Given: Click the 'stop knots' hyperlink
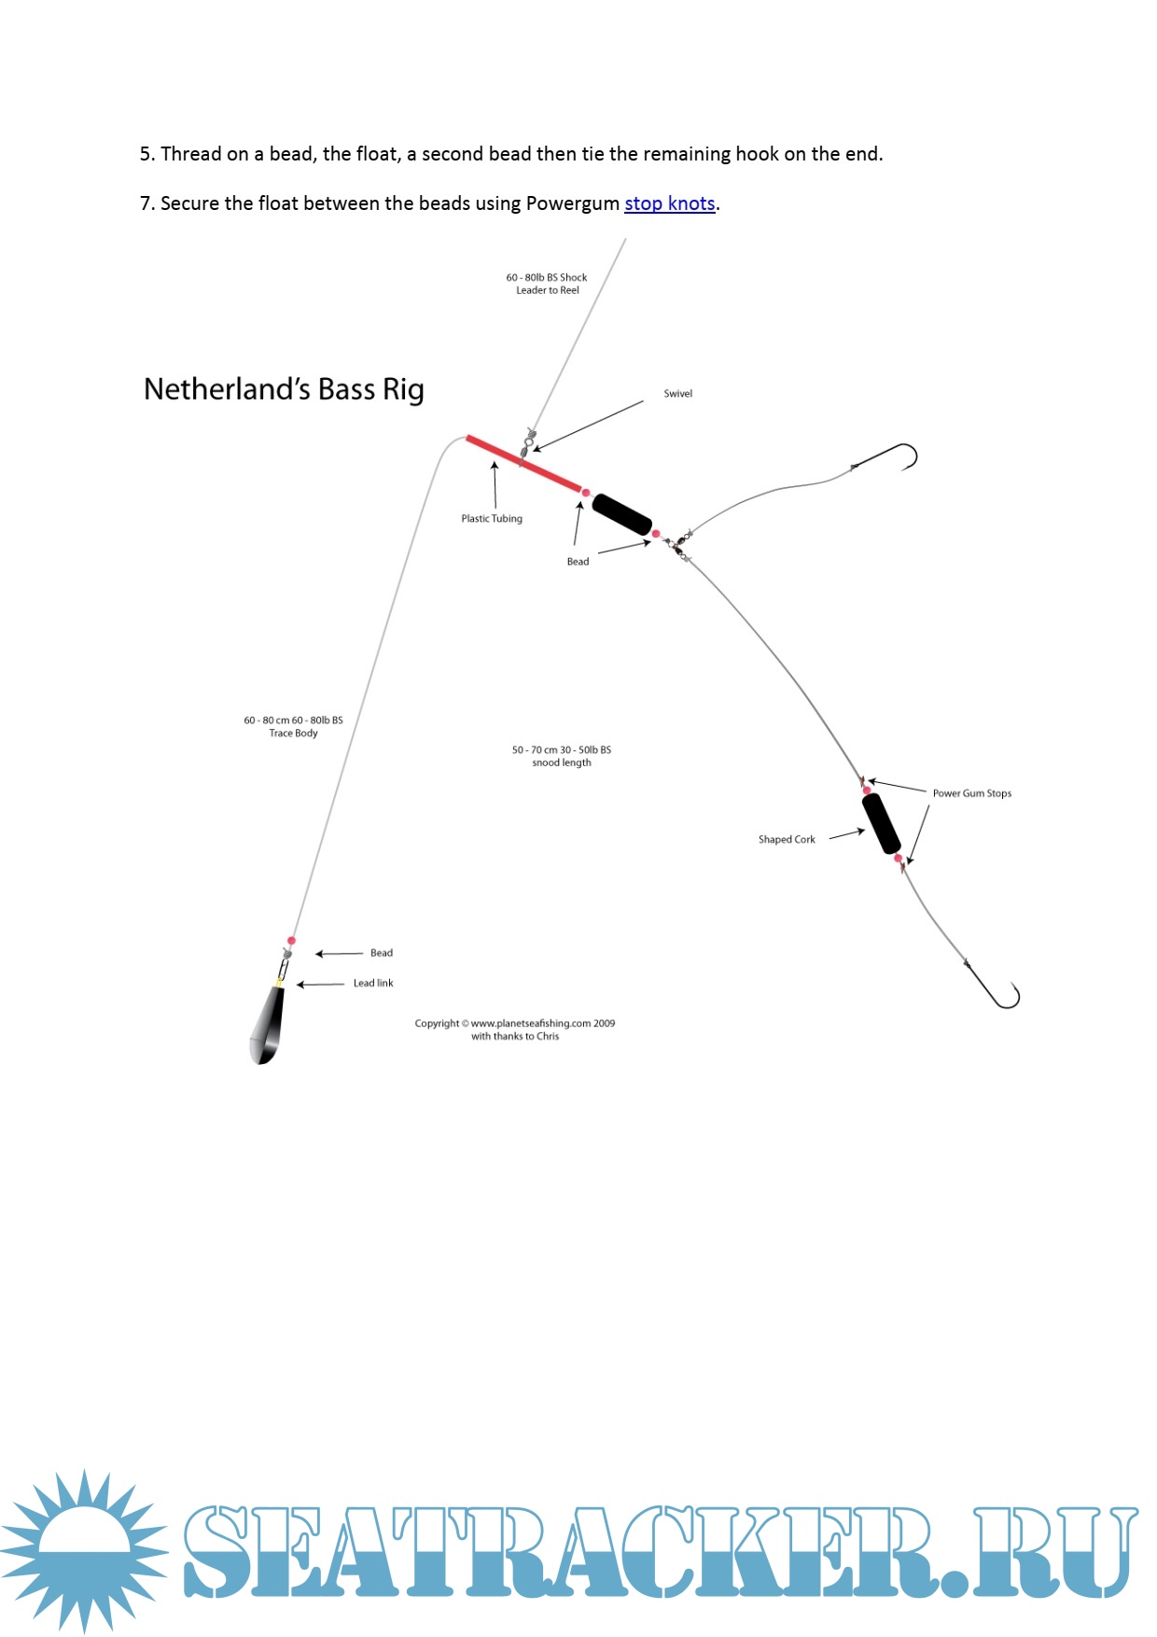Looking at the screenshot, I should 669,203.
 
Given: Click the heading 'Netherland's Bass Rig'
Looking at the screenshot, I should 284,389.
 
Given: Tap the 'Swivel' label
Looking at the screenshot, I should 677,394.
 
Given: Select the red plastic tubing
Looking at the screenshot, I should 523,463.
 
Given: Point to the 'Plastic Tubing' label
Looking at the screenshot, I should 492,519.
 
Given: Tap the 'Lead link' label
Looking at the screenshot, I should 373,983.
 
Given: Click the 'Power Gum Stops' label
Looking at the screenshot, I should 971,793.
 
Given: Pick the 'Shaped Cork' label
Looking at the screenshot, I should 787,840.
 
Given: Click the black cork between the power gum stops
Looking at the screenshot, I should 881,823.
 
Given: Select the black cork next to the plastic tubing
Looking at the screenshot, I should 621,514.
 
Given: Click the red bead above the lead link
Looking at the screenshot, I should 291,941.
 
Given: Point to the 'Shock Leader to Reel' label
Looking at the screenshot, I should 547,284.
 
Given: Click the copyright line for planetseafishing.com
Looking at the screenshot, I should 514,1024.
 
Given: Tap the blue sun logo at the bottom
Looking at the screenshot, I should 85,1550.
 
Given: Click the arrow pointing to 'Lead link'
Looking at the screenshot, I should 320,984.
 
